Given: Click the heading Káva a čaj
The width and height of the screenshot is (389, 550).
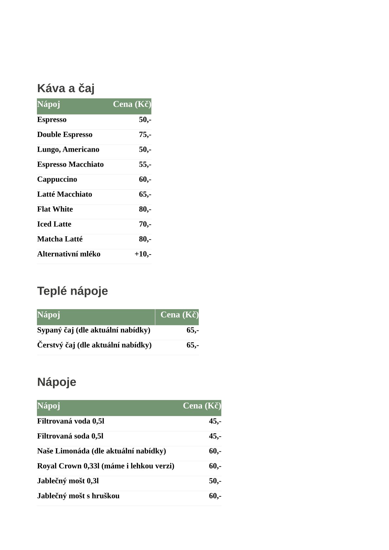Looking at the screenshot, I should [66, 88].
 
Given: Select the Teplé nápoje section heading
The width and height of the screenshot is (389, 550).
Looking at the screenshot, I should [72, 291].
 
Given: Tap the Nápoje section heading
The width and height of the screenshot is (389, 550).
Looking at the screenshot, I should [57, 382].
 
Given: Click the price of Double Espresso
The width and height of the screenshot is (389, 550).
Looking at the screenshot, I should [145, 135].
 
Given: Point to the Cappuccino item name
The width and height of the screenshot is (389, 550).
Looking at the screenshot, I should [57, 179].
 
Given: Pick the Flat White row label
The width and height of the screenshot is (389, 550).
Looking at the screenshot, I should [55, 209].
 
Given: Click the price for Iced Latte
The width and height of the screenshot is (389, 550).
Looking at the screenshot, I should [145, 224].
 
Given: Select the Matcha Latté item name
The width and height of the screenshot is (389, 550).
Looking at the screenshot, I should [60, 239].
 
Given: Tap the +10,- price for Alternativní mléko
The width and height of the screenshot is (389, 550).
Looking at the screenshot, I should [143, 254].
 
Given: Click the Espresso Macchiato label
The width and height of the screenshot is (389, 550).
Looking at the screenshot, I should [70, 164].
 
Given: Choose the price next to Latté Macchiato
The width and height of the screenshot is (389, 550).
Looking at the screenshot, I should [145, 194].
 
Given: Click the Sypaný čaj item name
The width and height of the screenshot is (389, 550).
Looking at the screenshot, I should [93, 330].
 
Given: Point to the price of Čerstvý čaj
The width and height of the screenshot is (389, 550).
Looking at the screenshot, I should [193, 345].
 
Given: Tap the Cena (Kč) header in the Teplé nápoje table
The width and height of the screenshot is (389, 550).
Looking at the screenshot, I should [179, 315].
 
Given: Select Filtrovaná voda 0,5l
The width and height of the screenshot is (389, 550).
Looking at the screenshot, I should [71, 421].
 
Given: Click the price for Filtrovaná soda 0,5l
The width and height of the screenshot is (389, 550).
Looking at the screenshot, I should [215, 436].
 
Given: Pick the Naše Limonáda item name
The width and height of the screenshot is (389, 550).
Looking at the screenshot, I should [101, 451].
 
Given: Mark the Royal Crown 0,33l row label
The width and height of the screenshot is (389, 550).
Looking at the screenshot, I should [106, 466].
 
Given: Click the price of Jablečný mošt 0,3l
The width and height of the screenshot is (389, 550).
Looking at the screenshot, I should [215, 481].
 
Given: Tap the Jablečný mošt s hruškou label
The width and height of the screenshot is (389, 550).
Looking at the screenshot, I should [78, 496].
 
